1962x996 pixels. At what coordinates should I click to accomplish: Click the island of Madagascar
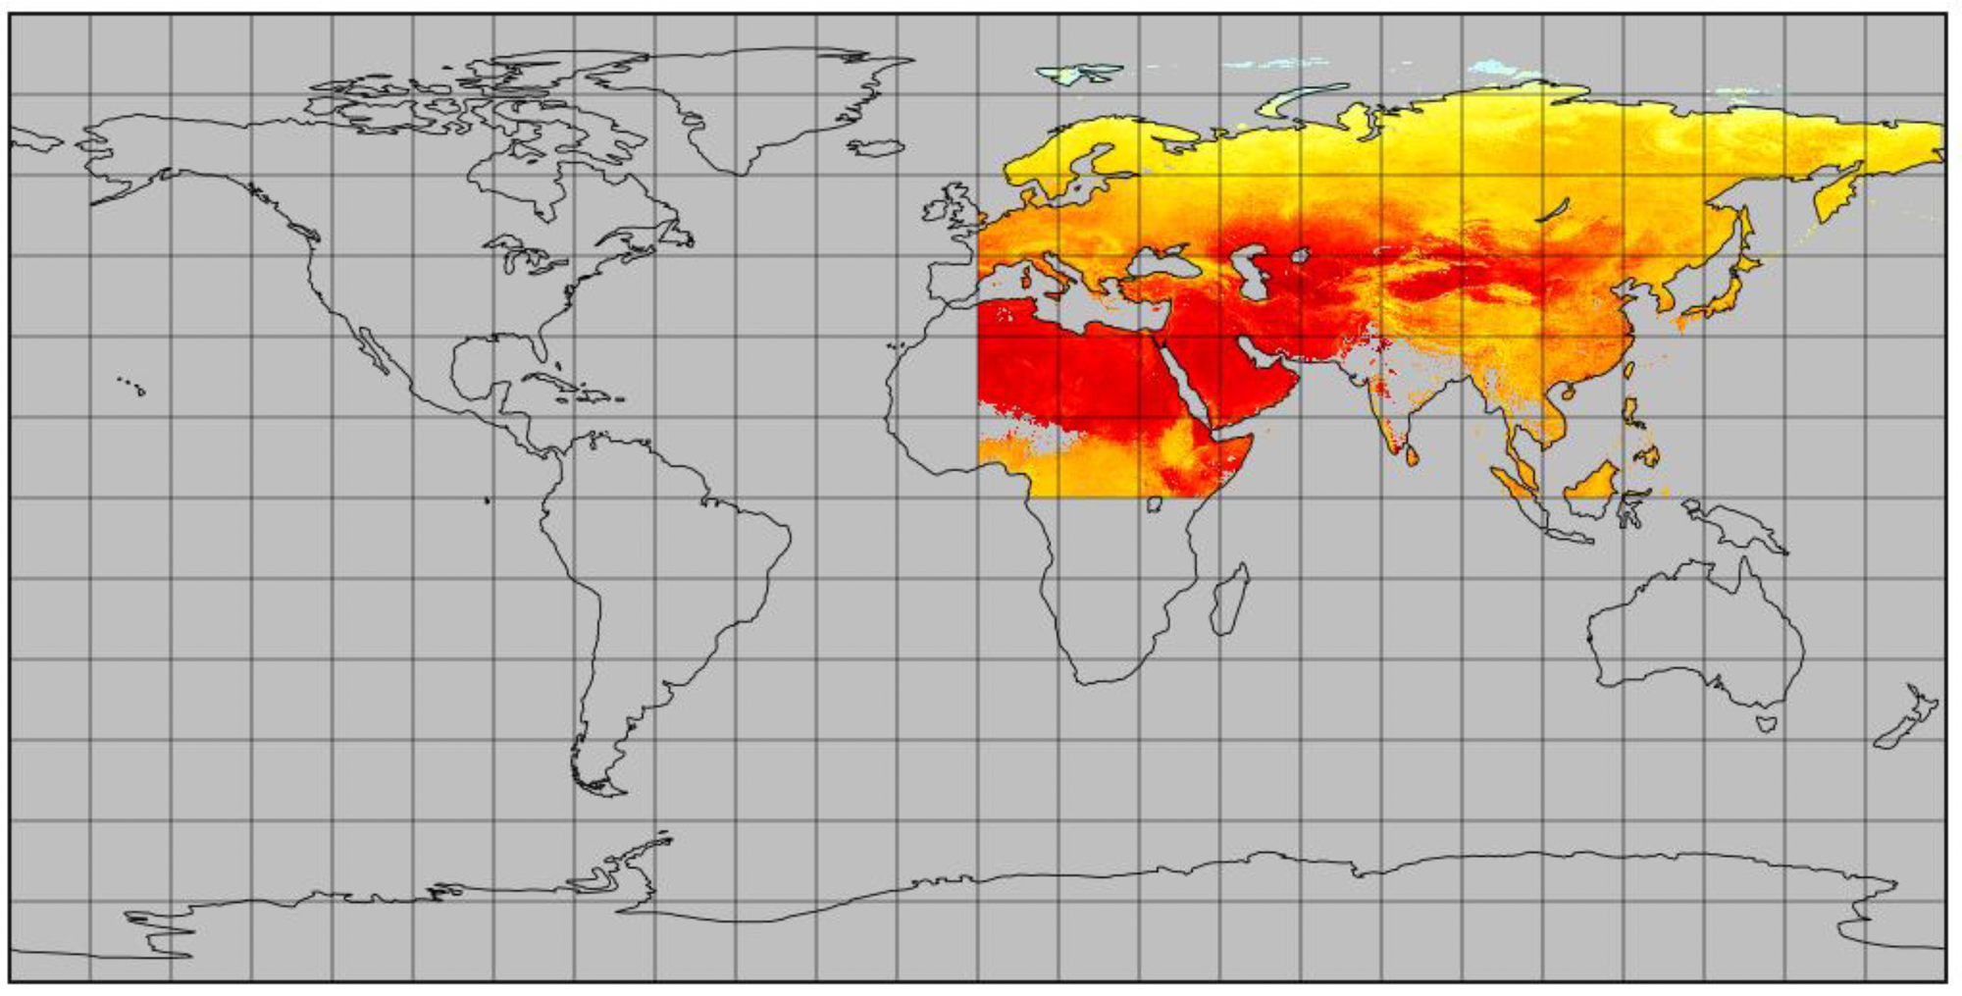(x=1229, y=600)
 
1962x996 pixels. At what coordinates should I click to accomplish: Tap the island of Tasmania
(x=1766, y=724)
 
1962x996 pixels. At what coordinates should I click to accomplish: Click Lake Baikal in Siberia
(x=1551, y=210)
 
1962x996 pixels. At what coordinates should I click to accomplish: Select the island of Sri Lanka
(x=1413, y=455)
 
